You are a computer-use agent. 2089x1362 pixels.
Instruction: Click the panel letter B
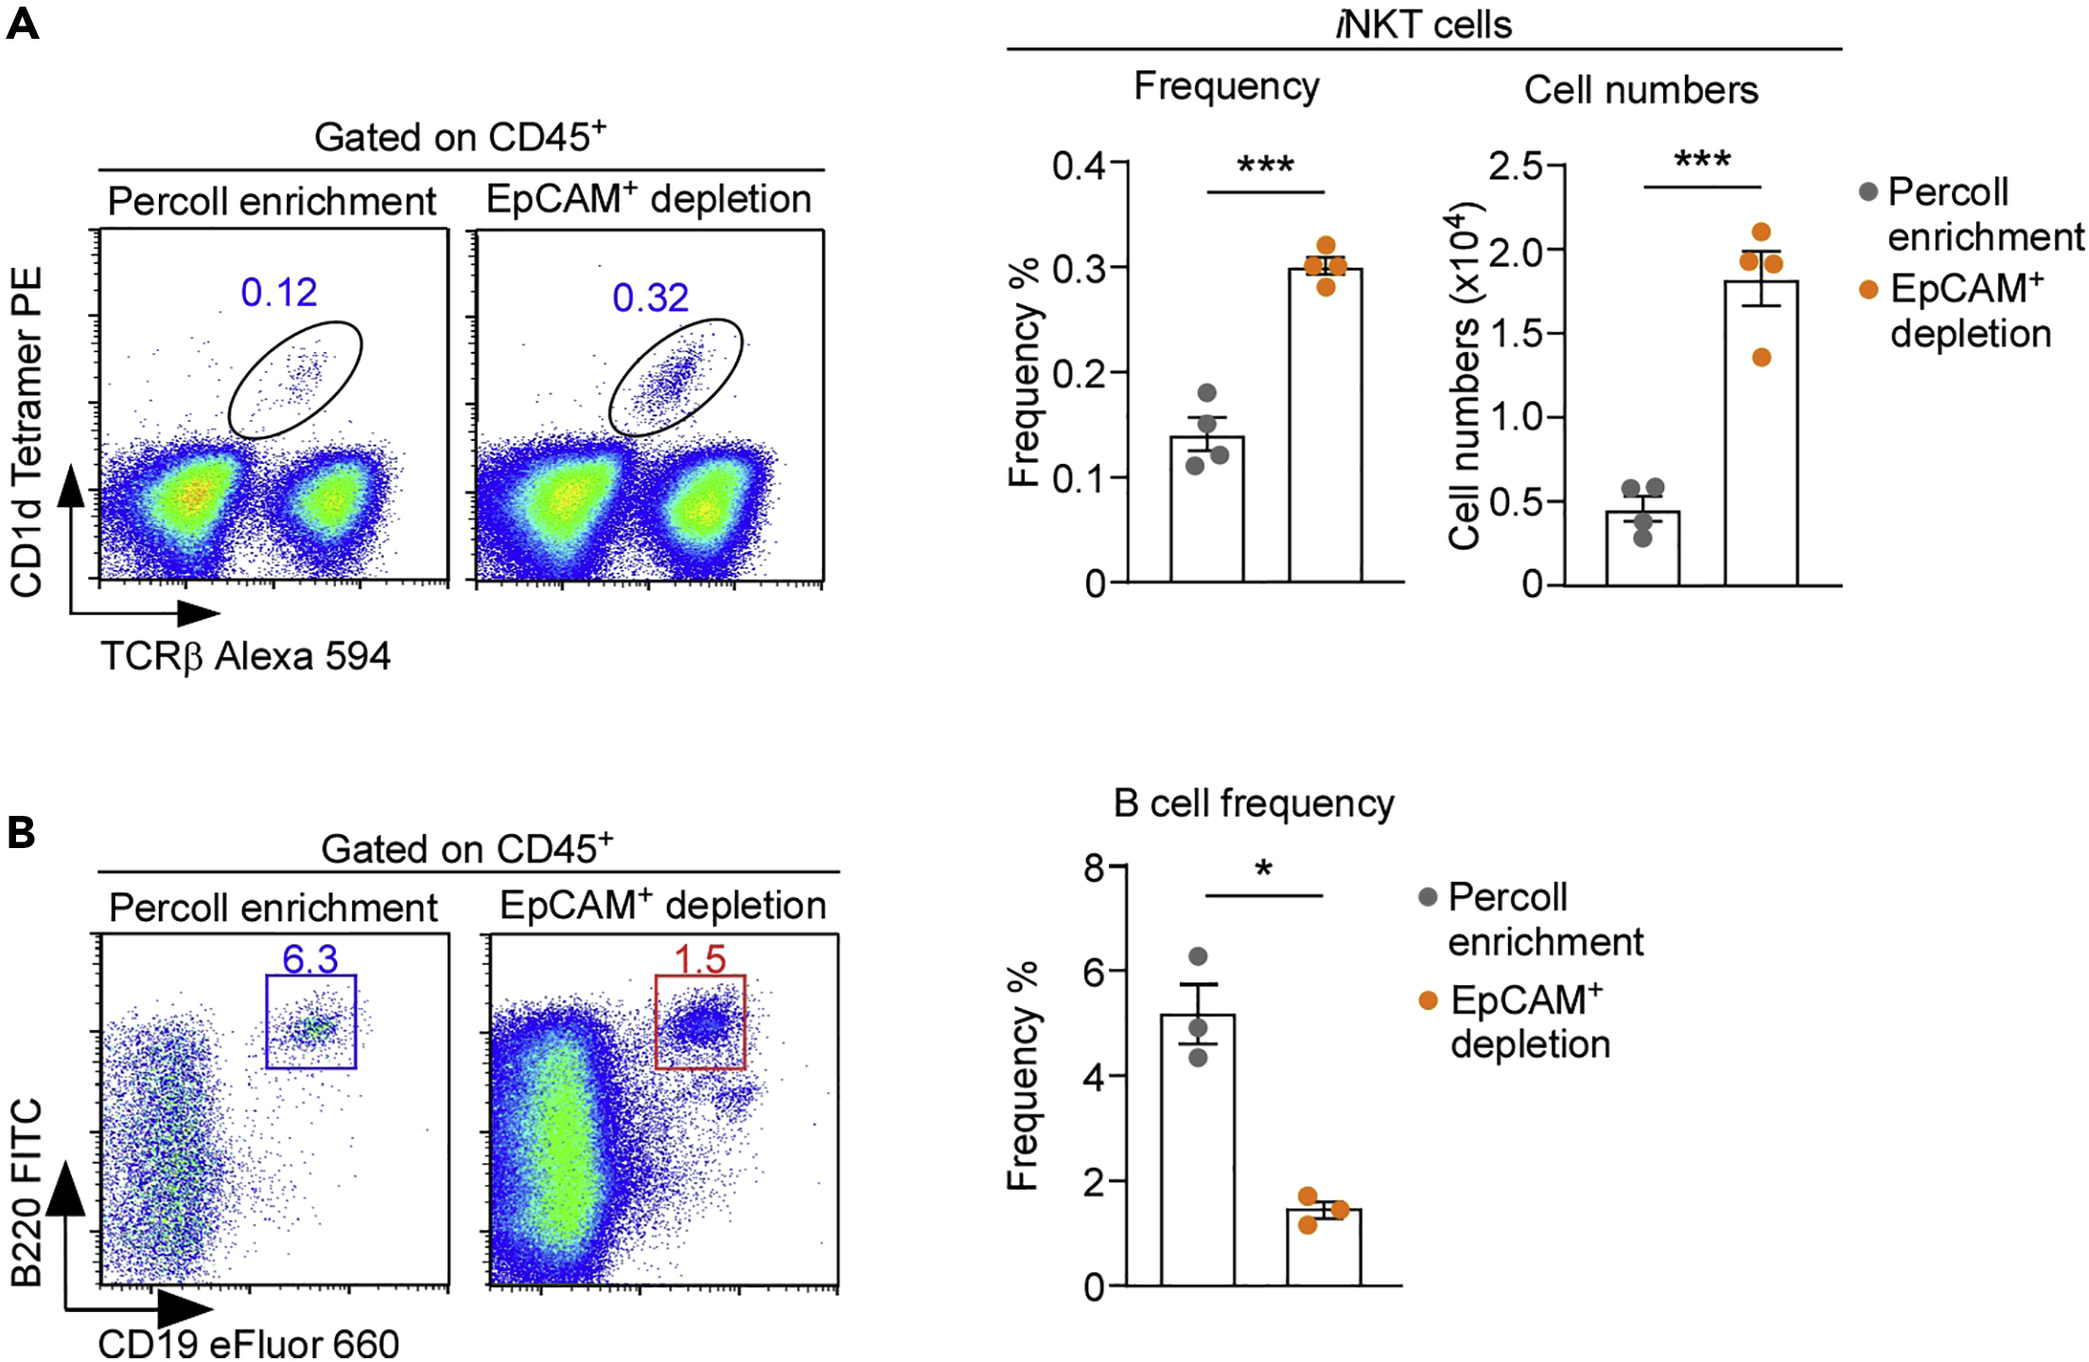[x=21, y=833]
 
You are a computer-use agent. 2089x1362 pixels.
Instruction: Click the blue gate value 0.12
[x=279, y=292]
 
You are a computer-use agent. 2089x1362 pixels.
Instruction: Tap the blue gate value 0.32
[x=650, y=298]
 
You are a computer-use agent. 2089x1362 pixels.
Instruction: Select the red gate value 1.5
[x=700, y=959]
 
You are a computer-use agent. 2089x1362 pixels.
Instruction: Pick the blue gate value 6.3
[x=310, y=959]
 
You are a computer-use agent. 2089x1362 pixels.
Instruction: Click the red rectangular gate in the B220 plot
[x=700, y=1022]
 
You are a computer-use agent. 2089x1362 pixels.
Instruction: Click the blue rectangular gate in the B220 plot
[x=311, y=1022]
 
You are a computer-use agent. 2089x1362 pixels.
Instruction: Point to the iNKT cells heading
[x=1424, y=25]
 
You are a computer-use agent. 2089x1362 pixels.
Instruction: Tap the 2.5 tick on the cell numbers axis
[x=1516, y=166]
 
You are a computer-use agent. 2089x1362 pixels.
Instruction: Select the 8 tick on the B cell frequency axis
[x=1095, y=867]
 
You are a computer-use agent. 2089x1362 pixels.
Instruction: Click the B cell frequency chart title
[x=1254, y=804]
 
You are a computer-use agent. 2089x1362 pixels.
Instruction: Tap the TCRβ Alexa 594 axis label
[x=246, y=656]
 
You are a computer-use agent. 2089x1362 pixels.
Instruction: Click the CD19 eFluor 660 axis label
[x=248, y=1343]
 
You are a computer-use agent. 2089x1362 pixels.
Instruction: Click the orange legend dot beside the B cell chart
[x=1429, y=1000]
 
